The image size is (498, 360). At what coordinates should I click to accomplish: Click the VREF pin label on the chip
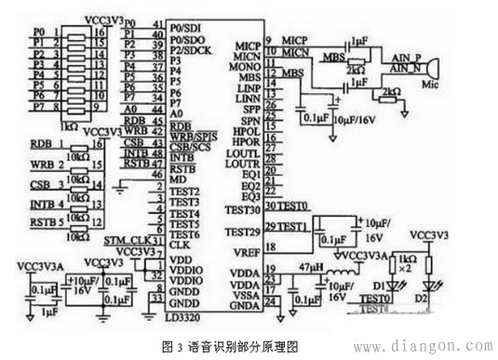pyautogui.click(x=247, y=249)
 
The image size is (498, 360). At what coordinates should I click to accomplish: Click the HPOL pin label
pyautogui.click(x=245, y=132)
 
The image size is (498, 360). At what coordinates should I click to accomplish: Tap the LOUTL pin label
pyautogui.click(x=243, y=152)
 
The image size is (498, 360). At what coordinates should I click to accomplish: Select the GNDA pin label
pyautogui.click(x=246, y=303)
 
